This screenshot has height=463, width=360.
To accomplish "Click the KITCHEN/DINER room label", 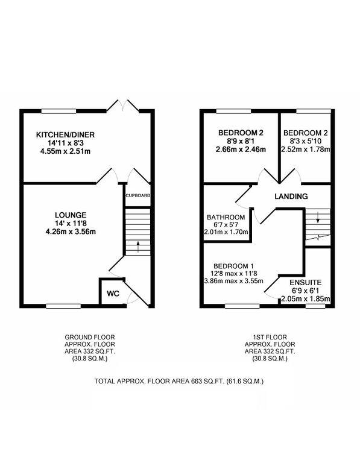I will click(x=66, y=134).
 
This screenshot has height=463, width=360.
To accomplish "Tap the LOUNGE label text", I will click(x=71, y=215).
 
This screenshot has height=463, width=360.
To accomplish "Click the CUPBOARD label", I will click(x=137, y=196).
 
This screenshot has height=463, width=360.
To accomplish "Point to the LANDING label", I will click(x=291, y=197).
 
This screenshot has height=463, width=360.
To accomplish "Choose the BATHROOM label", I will click(x=226, y=217).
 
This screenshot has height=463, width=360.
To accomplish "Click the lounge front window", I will click(x=63, y=306).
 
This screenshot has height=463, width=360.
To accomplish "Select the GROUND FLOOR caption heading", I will click(x=90, y=337).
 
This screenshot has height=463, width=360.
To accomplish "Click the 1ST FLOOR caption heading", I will click(x=270, y=337).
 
